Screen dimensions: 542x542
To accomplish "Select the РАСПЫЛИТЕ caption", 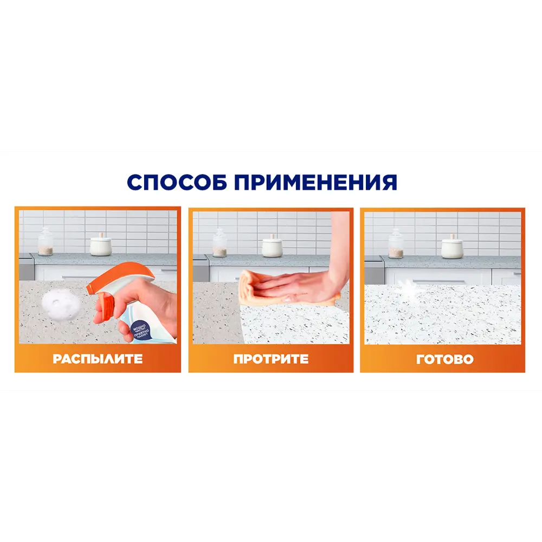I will coord(98,359).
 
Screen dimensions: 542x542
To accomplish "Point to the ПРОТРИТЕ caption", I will coord(271,359).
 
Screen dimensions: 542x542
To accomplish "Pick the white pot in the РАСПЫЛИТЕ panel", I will coord(100,246).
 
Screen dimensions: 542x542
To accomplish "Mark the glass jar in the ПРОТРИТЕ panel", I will coord(220,243).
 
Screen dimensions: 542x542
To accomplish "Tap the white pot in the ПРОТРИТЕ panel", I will coord(272,247).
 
